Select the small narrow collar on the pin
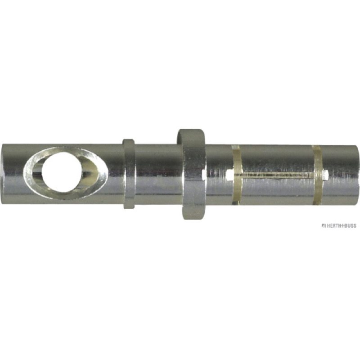tap(129, 174)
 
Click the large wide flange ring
tap(193, 174)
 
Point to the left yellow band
tap(237, 175)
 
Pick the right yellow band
tap(318, 175)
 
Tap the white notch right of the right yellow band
tap(325, 175)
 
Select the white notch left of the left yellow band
tap(229, 175)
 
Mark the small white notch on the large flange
tap(203, 176)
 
